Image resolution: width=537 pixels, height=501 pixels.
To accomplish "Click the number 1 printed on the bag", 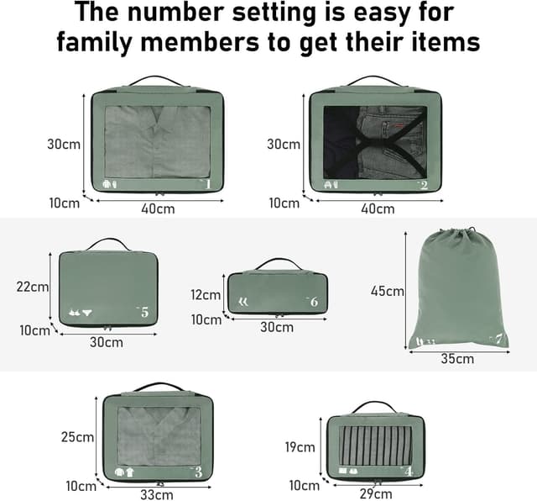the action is pyautogui.click(x=207, y=184).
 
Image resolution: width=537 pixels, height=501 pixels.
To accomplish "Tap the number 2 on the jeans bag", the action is pyautogui.click(x=424, y=185).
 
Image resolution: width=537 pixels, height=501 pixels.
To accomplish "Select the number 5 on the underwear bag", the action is pyautogui.click(x=144, y=312).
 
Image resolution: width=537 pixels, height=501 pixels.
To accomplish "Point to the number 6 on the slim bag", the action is pyautogui.click(x=314, y=302).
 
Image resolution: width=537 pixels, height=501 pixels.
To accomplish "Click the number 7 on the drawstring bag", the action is pyautogui.click(x=498, y=340).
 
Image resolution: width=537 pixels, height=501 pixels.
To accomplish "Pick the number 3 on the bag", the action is pyautogui.click(x=198, y=472).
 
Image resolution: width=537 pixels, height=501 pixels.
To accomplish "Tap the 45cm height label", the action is pyautogui.click(x=388, y=291).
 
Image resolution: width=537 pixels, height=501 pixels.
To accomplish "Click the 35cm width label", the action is pyautogui.click(x=457, y=359).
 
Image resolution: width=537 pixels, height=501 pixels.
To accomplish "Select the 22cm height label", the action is pyautogui.click(x=33, y=287).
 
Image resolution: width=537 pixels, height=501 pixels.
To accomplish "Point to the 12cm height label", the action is pyautogui.click(x=206, y=295).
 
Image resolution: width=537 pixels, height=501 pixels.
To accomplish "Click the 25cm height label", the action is pyautogui.click(x=77, y=437).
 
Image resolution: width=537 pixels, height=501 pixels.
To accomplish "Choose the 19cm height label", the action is pyautogui.click(x=300, y=447).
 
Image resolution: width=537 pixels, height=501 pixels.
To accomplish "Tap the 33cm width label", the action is pyautogui.click(x=157, y=495).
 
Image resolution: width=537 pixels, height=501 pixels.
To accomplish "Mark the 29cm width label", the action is pyautogui.click(x=376, y=494).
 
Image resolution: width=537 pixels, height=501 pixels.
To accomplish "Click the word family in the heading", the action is pyautogui.click(x=95, y=43).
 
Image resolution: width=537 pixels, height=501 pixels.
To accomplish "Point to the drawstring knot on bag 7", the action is pyautogui.click(x=472, y=229).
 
